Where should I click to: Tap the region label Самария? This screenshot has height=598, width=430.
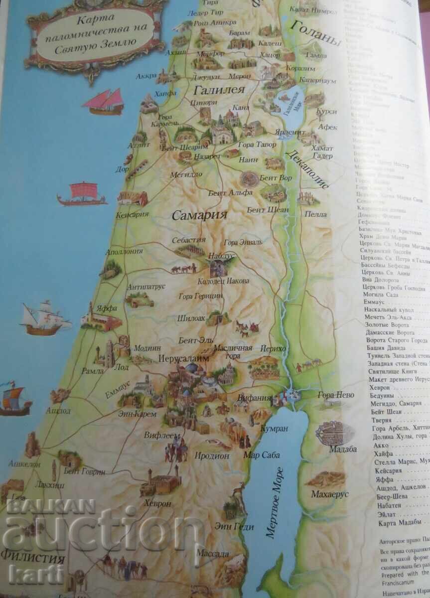coord(199,215)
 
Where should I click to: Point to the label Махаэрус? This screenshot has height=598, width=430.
coord(329,494)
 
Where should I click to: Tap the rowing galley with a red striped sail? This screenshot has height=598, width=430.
coord(82,194)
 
